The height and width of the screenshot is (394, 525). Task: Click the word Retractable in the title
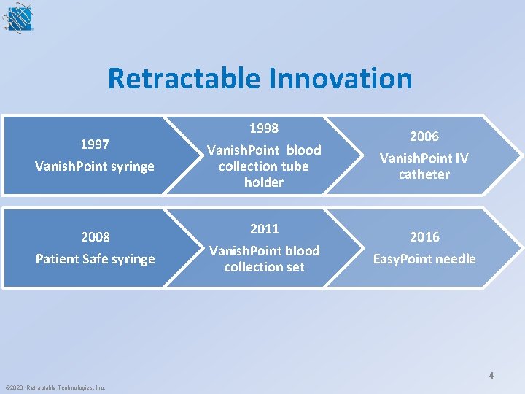tap(181, 79)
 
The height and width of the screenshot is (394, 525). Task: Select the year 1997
tap(95, 144)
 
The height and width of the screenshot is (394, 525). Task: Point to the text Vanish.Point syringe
tap(95, 166)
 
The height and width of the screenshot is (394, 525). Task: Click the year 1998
tap(264, 128)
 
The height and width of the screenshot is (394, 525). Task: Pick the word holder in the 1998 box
tap(264, 182)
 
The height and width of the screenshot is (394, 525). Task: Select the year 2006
tap(424, 136)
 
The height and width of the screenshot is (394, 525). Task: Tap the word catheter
tap(424, 174)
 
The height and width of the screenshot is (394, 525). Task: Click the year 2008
tap(95, 237)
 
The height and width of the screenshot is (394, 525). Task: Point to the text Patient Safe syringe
tap(95, 259)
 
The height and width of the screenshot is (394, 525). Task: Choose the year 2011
tap(264, 229)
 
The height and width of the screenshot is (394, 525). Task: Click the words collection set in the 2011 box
tap(264, 267)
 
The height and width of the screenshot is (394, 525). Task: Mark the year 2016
tap(424, 237)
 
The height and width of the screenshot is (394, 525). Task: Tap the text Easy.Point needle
tap(424, 259)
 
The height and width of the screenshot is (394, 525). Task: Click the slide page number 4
tap(491, 376)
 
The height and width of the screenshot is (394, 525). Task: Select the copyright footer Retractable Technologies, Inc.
tap(55, 387)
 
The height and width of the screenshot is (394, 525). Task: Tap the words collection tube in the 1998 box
tap(264, 166)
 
